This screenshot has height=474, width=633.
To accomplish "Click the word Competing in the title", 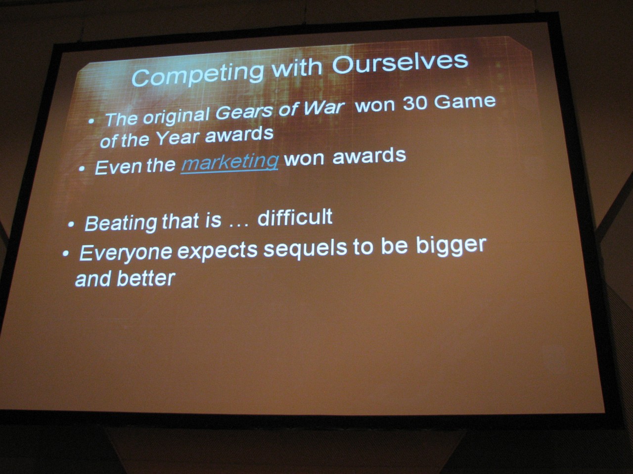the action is pyautogui.click(x=198, y=74).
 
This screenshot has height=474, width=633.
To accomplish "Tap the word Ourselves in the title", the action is pyautogui.click(x=400, y=63).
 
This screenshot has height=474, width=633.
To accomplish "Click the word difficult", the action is pyautogui.click(x=295, y=217).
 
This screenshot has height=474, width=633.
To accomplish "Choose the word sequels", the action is pyautogui.click(x=306, y=249).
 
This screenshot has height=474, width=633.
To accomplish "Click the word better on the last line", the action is pyautogui.click(x=146, y=278).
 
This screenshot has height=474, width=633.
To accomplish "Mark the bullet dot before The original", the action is pyautogui.click(x=91, y=121).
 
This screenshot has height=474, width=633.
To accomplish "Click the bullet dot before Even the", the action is pyautogui.click(x=82, y=169).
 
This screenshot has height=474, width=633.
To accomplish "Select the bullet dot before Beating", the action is pyautogui.click(x=71, y=225).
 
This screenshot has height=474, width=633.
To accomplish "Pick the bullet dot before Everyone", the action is pyautogui.click(x=66, y=254).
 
